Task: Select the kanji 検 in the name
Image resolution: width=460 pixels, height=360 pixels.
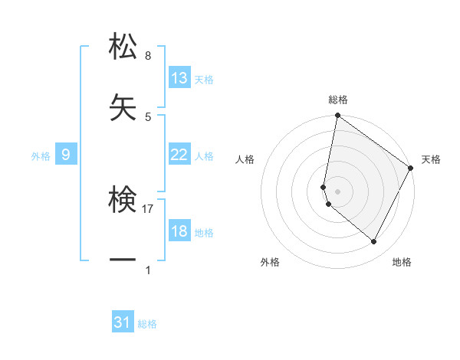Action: (x=123, y=201)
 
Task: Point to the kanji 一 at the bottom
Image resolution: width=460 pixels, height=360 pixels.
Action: (x=123, y=260)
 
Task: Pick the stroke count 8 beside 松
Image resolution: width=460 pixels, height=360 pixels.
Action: (x=148, y=55)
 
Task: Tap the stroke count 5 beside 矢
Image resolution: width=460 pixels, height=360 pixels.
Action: (x=148, y=116)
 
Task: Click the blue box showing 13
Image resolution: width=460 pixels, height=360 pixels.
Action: (x=179, y=78)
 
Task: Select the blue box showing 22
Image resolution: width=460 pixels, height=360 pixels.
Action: (x=179, y=155)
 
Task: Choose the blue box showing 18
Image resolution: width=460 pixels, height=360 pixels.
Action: (x=179, y=231)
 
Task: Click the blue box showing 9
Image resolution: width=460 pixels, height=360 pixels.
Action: (x=66, y=155)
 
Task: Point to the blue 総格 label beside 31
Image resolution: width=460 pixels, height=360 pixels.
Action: (x=147, y=324)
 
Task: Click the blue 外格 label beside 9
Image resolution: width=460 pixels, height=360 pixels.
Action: (x=41, y=156)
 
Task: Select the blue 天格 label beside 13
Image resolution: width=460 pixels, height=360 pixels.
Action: (x=204, y=80)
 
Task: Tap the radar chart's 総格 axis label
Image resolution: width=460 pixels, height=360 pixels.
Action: (x=337, y=100)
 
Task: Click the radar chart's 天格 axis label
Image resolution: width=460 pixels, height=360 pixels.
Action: (x=431, y=159)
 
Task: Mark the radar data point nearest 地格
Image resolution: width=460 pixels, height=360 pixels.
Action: (x=374, y=242)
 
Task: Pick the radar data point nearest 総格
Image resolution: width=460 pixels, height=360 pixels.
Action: (x=337, y=116)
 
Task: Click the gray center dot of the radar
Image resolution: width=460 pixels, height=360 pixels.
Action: (x=337, y=191)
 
